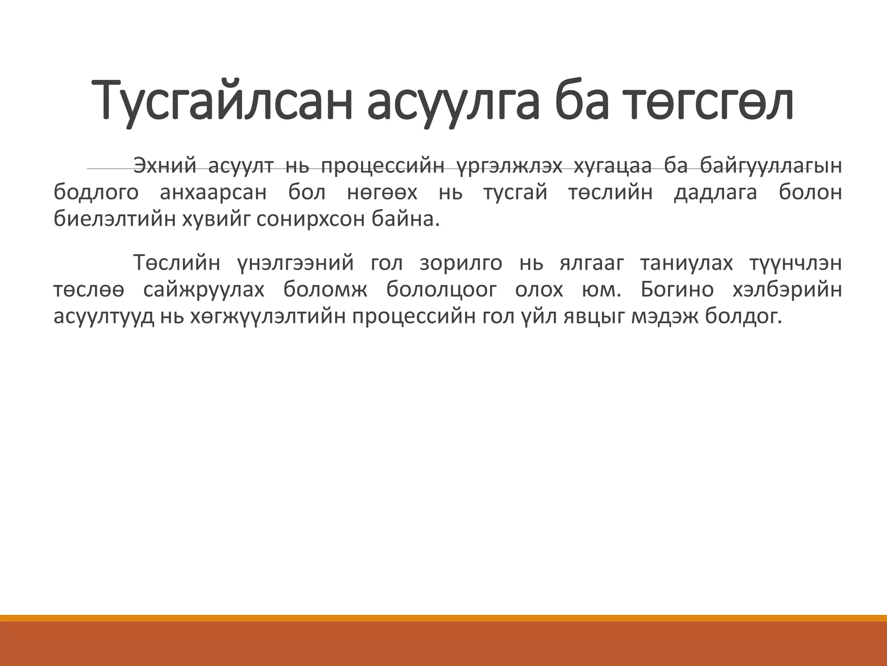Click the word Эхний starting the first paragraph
pos(165,166)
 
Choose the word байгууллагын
pos(771,166)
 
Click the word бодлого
pos(96,193)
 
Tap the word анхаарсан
pos(214,193)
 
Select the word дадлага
pos(715,193)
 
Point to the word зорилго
pos(461,263)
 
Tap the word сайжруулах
pos(204,290)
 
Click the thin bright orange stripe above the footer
pos(443,618)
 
